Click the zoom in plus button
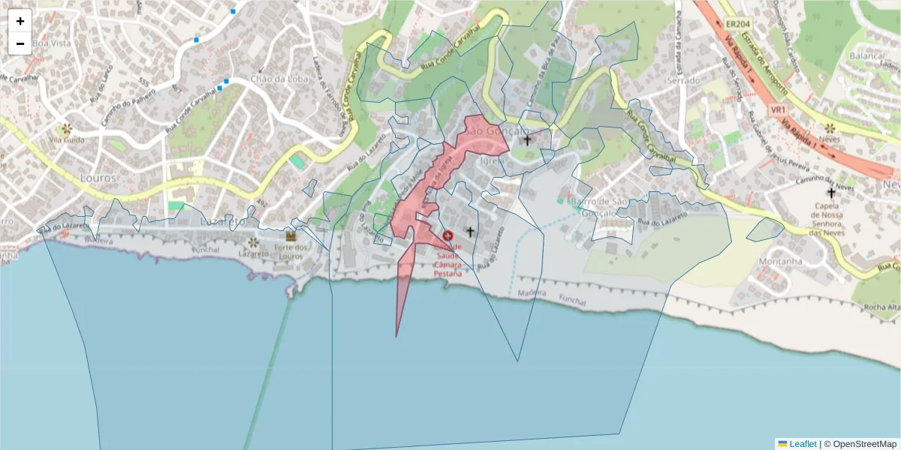point(20,21)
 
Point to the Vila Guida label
point(66,139)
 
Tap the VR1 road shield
point(778,110)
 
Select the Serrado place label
point(683,80)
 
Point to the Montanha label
point(781,261)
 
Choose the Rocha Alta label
point(883,307)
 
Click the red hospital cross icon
point(448,235)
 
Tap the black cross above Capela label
point(830,193)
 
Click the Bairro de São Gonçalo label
point(599,207)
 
